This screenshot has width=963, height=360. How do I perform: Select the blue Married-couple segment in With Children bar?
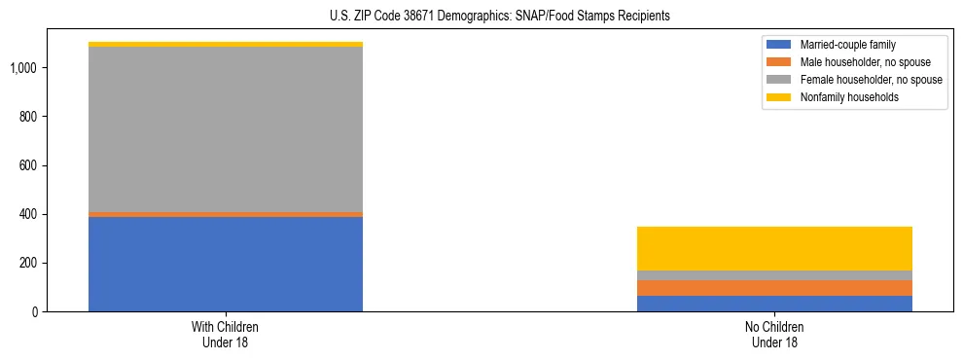pos(226,264)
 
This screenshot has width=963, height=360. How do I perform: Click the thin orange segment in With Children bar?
pos(226,214)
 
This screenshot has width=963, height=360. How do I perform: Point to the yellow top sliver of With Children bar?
pos(226,44)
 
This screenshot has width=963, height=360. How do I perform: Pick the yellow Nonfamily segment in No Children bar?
pos(774,248)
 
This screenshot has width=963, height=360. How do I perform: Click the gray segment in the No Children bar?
pos(774,275)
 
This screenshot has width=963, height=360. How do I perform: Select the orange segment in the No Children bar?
pos(774,288)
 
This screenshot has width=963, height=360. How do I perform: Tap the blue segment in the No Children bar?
pos(774,304)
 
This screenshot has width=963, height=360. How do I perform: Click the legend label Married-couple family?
pos(847,45)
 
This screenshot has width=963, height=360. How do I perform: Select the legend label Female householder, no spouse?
pos(871,80)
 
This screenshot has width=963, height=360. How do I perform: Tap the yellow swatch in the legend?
pos(780,97)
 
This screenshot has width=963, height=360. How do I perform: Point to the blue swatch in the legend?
pos(780,45)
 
